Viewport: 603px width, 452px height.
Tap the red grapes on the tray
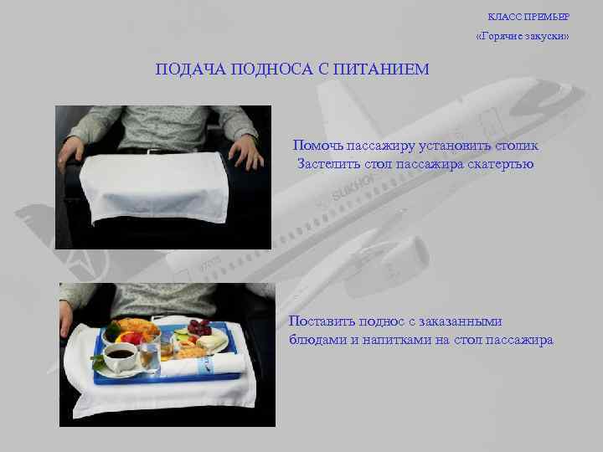pyautogui.click(x=199, y=327)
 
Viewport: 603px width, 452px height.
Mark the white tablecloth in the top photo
pyautogui.click(x=156, y=187)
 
